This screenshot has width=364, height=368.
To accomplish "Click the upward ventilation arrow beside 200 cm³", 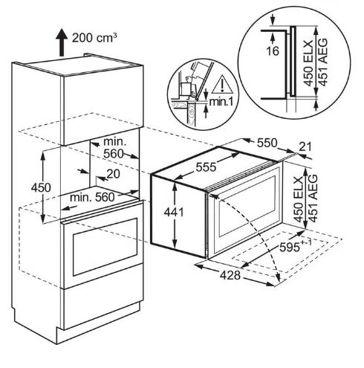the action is coord(62,42).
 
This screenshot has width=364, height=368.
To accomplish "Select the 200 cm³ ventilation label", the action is coord(94,38).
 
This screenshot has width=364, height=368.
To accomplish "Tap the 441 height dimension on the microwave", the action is coord(174,213).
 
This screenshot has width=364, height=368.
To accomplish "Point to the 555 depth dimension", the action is coord(206,167).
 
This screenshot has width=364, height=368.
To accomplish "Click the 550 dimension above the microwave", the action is coord(267,143).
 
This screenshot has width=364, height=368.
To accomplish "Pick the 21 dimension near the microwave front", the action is coord(305,147).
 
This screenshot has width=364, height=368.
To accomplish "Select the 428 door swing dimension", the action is coord(230,275).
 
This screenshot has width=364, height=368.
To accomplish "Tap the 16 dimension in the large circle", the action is coord(273,51).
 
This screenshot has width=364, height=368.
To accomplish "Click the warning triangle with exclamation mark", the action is coord(222,84).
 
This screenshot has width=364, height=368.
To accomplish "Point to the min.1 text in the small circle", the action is coord(221,102).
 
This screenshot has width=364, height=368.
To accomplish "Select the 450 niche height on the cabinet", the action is coord(41,187).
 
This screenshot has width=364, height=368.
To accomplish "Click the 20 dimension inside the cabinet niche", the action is coord(113,174).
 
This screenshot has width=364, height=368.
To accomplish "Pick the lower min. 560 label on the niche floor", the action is coord(92,198).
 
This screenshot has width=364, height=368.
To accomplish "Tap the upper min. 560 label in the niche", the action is coord(114,148).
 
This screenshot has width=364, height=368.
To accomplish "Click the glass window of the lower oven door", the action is coord(105,247).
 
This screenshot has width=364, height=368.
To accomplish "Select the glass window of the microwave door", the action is coord(247,206).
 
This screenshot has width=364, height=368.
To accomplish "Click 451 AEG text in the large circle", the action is coord(322,62).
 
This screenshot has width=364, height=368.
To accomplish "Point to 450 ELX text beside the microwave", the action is coord(299,199).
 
